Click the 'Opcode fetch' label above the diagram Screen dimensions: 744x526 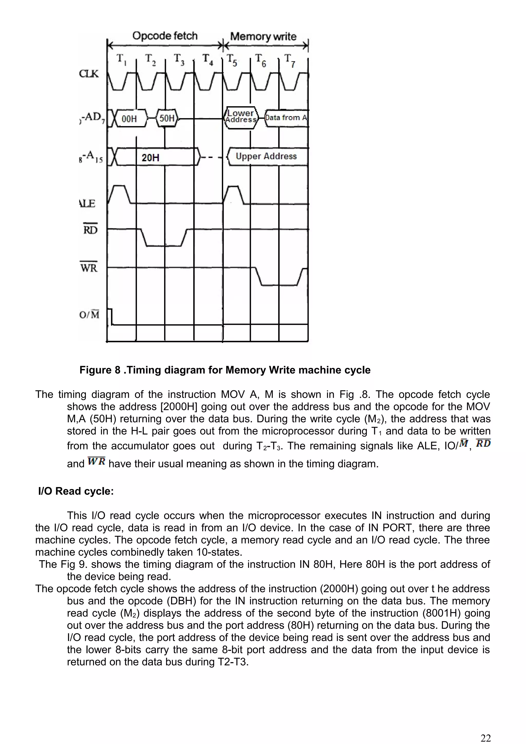point(165,36)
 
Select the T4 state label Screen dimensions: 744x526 point(208,59)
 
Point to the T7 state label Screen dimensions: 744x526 point(289,60)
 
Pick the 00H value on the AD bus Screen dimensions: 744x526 point(129,119)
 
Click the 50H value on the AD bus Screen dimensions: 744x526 point(167,118)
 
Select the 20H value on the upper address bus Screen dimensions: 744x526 point(151,158)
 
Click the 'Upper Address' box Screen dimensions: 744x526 point(266,157)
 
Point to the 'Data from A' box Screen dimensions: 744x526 point(286,118)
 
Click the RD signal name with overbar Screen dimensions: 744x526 point(90,230)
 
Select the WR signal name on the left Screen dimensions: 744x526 point(89,268)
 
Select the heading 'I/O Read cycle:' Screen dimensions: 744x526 point(76,491)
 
